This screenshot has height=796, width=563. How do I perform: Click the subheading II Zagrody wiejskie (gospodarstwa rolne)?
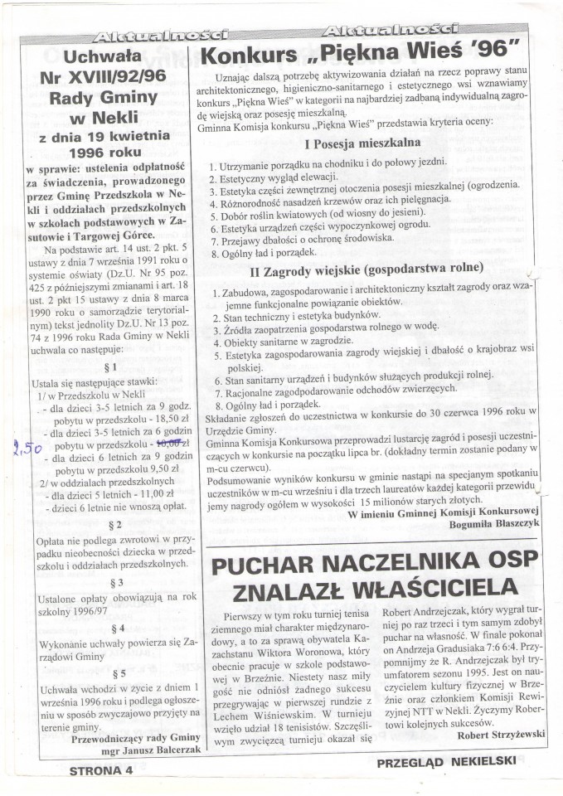click(x=370, y=268)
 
